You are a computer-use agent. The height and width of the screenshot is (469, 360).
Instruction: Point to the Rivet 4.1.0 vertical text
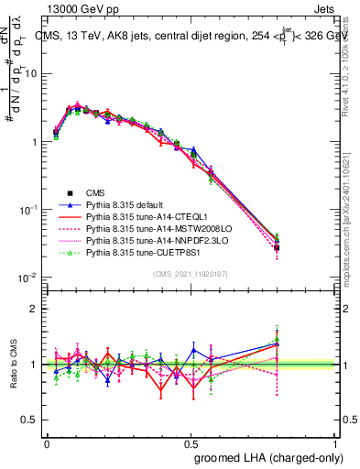pos(352,69)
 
